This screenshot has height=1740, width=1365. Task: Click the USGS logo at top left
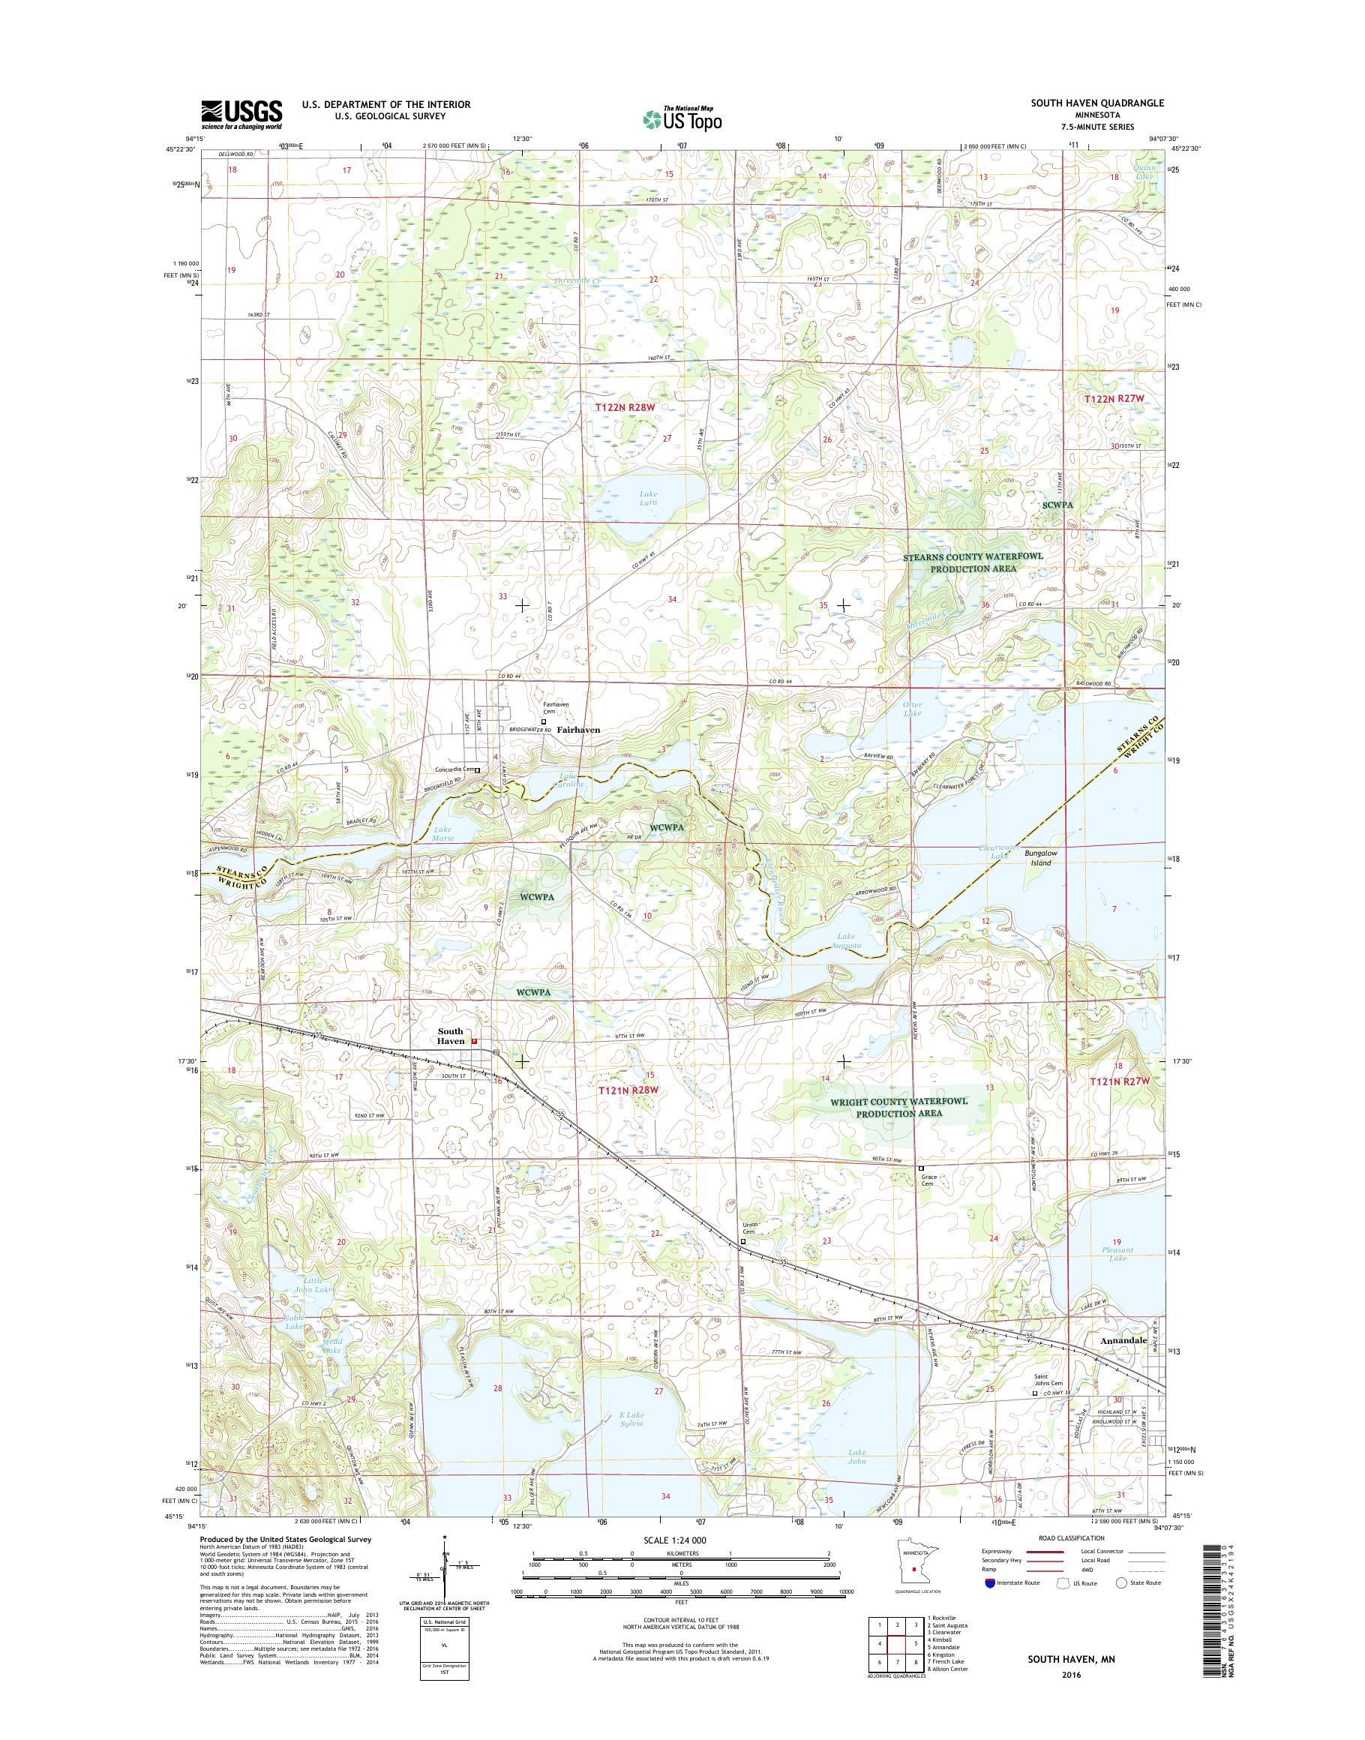pos(241,115)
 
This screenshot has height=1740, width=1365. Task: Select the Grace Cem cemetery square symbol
pos(921,1168)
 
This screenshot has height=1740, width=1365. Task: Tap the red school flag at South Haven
pos(475,1042)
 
